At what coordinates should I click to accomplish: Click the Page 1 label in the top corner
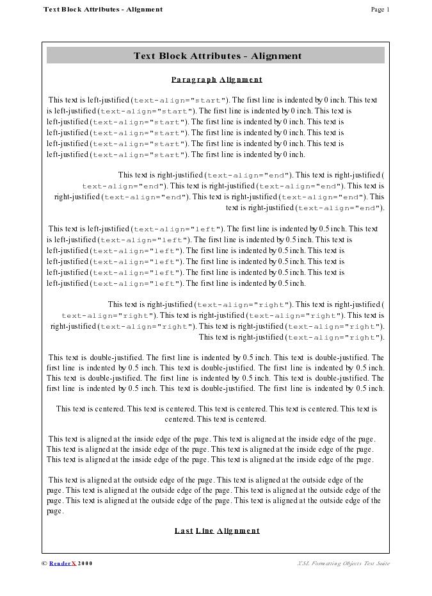[380, 10]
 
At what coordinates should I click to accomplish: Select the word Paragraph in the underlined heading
[194, 79]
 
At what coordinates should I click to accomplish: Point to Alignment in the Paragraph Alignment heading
[241, 79]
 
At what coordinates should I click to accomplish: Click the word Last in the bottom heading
[184, 531]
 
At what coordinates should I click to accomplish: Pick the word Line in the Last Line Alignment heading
[205, 531]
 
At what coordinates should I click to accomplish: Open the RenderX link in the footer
[63, 563]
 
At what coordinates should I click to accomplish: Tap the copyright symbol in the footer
[44, 563]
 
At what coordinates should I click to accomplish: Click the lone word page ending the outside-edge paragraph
[55, 511]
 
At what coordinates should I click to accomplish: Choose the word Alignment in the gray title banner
[276, 56]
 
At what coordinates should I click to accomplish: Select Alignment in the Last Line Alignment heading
[239, 531]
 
